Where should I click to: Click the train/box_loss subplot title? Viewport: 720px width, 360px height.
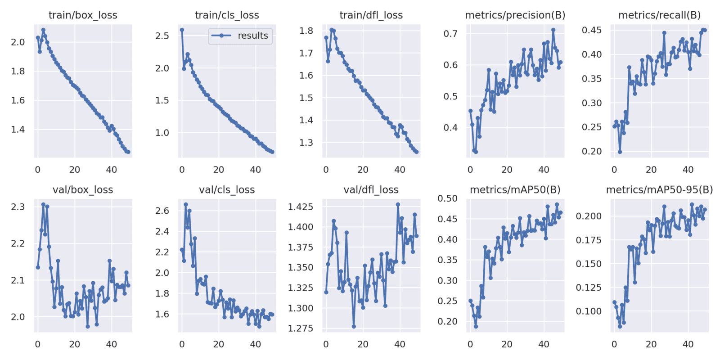click(x=83, y=15)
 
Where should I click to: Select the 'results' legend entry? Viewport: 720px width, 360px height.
click(x=252, y=36)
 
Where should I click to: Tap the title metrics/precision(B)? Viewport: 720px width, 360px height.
click(x=515, y=15)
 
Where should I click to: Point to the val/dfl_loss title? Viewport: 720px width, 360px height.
click(x=371, y=190)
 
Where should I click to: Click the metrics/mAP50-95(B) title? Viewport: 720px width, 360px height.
click(x=659, y=190)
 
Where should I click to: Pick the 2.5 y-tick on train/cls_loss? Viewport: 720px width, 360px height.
click(x=162, y=36)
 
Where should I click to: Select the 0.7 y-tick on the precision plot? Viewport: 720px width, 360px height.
click(x=450, y=34)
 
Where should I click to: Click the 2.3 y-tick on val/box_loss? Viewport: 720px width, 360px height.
click(x=18, y=207)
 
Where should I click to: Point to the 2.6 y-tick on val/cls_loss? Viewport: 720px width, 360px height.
click(x=162, y=211)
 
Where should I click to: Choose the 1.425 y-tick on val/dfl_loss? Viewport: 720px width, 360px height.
click(x=301, y=207)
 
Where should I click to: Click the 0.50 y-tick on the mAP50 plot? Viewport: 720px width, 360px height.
click(x=448, y=198)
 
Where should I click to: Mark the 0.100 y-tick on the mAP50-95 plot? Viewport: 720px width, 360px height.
click(x=589, y=311)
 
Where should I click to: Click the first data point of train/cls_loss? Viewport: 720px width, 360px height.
click(x=182, y=30)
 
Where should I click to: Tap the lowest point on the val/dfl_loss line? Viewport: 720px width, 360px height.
click(x=354, y=327)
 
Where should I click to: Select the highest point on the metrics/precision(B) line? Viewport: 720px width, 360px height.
click(x=553, y=30)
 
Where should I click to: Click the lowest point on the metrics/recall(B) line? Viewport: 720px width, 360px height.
click(x=620, y=152)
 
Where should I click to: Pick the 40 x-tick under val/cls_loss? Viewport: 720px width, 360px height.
click(x=256, y=345)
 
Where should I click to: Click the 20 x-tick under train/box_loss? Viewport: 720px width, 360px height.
click(x=75, y=170)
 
